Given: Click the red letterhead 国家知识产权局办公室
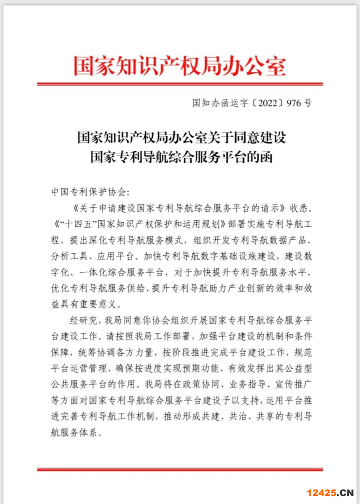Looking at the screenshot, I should (179, 65).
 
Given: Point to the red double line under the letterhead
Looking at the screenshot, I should (179, 84).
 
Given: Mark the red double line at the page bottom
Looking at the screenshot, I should (179, 469).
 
